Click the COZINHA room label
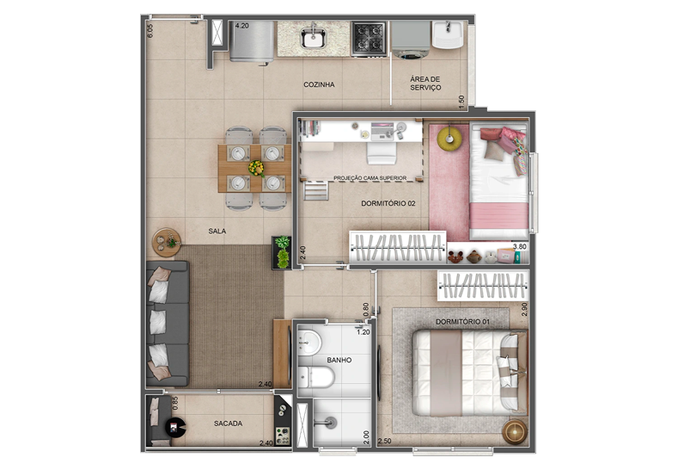pos(319,84)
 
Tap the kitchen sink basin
pos(314,38)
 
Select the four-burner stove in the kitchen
pos(369,39)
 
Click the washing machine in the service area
pos(410,40)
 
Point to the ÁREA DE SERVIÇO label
pos(425,83)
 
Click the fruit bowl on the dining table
pos(256,169)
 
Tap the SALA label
pos(217,231)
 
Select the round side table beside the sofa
pos(166,242)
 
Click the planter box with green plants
pos(281,252)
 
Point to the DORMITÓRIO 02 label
pos(388,203)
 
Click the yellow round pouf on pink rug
pos(449,138)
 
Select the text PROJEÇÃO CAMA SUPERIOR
pos(370,178)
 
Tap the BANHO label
pos(339,360)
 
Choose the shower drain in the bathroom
pos(331,422)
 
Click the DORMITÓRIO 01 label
pos(462,322)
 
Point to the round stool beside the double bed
pos(515,431)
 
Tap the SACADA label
pos(228,424)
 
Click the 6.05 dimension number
pos(150,30)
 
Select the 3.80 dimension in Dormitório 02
pos(519,246)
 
